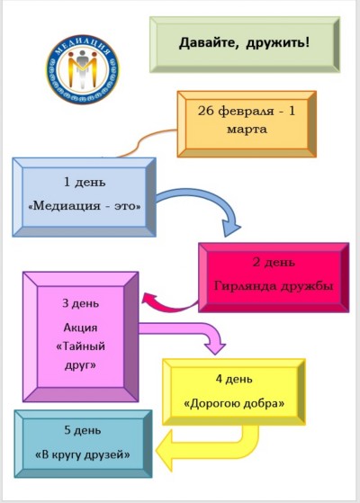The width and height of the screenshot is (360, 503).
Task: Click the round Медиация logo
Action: [x=83, y=69]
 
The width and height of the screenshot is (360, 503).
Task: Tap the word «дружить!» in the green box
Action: [x=278, y=43]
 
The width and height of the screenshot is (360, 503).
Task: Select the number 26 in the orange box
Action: [x=204, y=111]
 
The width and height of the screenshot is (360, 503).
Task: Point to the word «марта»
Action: [x=247, y=130]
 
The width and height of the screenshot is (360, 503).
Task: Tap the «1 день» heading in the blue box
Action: [x=85, y=182]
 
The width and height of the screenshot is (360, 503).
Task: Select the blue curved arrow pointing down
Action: [x=205, y=195]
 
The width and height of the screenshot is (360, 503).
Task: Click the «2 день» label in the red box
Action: [x=274, y=262]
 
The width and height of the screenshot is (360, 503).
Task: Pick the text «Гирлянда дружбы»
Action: [x=274, y=286]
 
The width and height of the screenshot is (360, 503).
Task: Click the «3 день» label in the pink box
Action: [x=81, y=303]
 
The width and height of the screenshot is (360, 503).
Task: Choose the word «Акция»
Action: [x=80, y=328]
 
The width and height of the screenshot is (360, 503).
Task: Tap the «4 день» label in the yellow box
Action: [x=234, y=379]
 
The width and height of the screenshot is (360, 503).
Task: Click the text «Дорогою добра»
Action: [x=234, y=403]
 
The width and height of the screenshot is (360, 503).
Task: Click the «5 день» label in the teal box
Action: [x=83, y=430]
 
